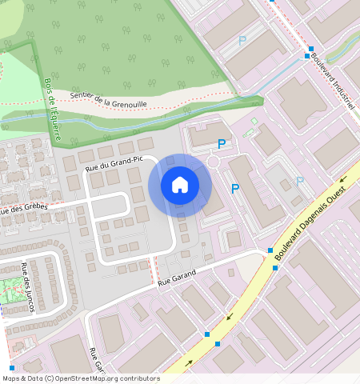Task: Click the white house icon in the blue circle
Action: tap(180, 186)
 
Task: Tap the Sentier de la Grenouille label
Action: tap(109, 98)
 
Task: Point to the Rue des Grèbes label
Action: tap(24, 209)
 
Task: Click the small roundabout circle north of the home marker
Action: tap(214, 162)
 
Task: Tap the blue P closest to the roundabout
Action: tap(222, 144)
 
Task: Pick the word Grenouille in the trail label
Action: tap(130, 102)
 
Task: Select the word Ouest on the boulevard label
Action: tap(339, 192)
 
